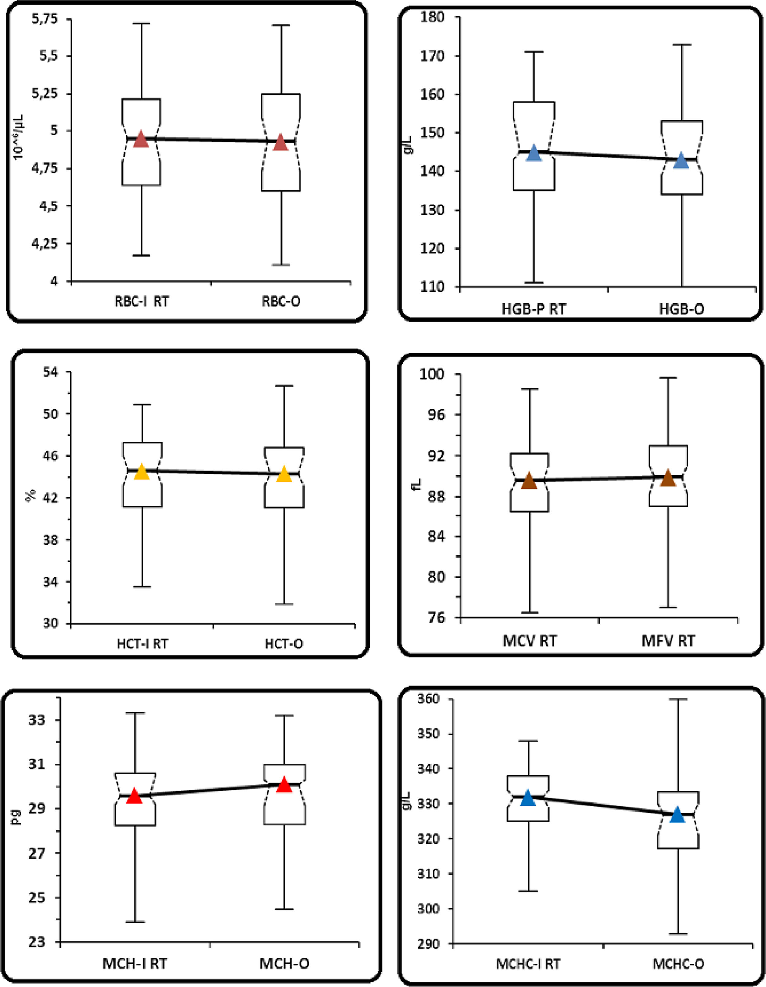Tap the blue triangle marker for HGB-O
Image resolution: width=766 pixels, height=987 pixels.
coord(681,161)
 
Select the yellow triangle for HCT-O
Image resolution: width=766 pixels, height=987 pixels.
coord(285,474)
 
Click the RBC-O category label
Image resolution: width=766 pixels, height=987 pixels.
coord(281,301)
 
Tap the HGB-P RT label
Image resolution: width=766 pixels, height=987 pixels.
coord(533,309)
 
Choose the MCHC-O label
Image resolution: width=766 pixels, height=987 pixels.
coord(678,964)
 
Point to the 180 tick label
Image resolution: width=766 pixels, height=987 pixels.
coord(432,17)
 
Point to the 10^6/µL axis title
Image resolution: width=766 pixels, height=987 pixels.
coord(19,137)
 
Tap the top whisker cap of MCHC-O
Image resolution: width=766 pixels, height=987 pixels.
coord(678,699)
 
